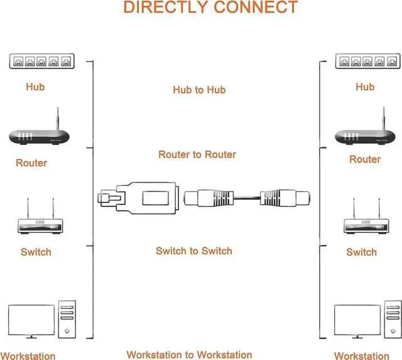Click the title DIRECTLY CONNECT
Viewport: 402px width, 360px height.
[x=210, y=8]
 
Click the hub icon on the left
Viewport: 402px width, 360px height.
[x=41, y=62]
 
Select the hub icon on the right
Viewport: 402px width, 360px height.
[x=368, y=61]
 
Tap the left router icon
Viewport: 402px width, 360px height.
[x=38, y=133]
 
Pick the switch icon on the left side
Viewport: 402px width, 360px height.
[x=39, y=224]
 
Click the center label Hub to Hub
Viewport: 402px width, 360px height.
[x=199, y=90]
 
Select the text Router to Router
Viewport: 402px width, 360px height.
[x=197, y=155]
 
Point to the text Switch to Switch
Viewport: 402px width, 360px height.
[x=194, y=251]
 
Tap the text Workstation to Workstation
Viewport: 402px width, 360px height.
[x=189, y=355]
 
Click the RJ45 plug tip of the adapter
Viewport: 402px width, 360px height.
[x=108, y=199]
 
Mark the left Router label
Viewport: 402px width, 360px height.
[x=31, y=163]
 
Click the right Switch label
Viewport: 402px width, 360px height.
[x=362, y=252]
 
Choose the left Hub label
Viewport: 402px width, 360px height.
[x=35, y=87]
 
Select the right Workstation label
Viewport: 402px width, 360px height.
[x=362, y=356]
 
